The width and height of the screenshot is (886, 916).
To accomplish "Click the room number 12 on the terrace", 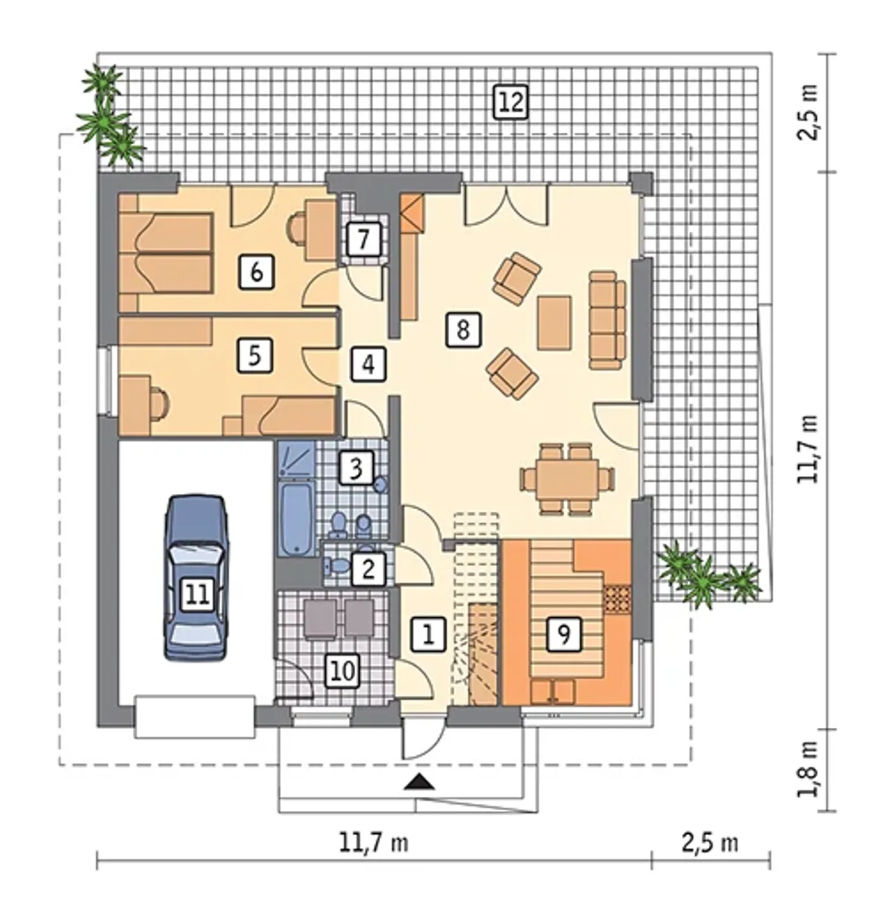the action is point(511,102).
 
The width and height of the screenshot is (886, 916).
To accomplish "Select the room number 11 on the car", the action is point(197,595).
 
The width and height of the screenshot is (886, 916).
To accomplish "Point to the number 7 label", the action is point(363,239).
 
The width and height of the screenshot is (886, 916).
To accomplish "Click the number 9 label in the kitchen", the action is point(563,634).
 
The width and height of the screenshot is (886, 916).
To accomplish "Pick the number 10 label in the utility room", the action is point(343,671).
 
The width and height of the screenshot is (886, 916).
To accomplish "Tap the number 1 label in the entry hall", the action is point(428,634).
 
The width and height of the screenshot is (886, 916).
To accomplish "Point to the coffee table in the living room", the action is point(554,322).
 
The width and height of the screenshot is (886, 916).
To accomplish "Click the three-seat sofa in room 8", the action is point(606,320).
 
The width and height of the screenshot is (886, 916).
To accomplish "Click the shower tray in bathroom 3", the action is point(296,459).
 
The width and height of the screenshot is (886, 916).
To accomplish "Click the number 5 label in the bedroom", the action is point(254,356).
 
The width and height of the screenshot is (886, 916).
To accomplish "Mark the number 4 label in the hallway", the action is point(369,364).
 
